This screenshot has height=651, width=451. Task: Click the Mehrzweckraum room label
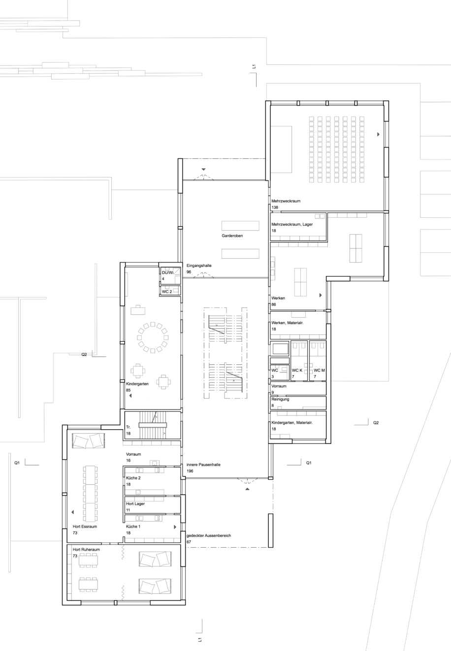click(x=286, y=201)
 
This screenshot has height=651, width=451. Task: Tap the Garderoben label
click(x=232, y=236)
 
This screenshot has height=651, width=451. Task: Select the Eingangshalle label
click(x=199, y=266)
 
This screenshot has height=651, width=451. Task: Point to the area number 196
click(x=190, y=471)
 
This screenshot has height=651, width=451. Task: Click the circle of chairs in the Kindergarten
click(x=153, y=337)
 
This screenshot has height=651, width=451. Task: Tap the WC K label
click(x=297, y=370)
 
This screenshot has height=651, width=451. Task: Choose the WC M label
click(x=319, y=370)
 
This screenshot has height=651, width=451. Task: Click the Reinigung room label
click(x=280, y=399)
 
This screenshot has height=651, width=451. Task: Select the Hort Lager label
click(x=135, y=503)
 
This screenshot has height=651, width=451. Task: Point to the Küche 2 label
click(x=133, y=478)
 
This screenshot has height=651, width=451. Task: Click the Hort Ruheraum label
click(x=86, y=549)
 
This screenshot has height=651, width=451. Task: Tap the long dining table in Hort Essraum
click(x=90, y=494)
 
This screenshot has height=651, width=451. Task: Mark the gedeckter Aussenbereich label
click(x=209, y=535)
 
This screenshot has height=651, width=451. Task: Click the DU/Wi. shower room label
click(x=168, y=272)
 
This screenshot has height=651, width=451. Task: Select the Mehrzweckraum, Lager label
click(x=292, y=224)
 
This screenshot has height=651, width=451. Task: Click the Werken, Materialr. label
click(x=288, y=323)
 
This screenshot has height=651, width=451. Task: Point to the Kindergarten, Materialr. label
click(x=292, y=422)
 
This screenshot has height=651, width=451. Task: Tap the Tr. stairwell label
click(x=129, y=427)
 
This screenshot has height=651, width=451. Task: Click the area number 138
click(x=275, y=207)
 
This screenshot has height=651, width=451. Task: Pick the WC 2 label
click(x=167, y=292)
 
